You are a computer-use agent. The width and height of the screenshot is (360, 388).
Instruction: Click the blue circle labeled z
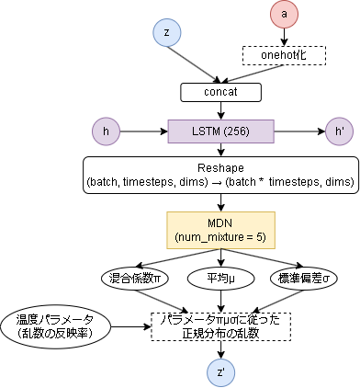[166, 32]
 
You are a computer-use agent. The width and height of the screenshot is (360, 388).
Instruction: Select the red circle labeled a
[285, 14]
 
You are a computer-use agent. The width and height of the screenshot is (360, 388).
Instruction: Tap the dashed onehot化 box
[284, 55]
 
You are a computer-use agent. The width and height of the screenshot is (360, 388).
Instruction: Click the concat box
[220, 93]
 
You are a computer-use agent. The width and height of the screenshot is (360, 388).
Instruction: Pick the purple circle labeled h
[107, 132]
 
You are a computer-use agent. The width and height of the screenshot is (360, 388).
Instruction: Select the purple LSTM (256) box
[220, 132]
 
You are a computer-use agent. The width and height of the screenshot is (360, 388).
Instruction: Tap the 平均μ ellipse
[219, 277]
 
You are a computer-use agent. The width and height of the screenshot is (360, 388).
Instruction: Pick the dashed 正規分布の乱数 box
[220, 325]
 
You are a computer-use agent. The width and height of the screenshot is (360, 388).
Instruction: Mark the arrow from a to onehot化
[285, 37]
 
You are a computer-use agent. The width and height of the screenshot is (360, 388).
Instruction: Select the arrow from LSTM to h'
[294, 132]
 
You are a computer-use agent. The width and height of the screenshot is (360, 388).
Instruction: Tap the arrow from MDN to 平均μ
[220, 258]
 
